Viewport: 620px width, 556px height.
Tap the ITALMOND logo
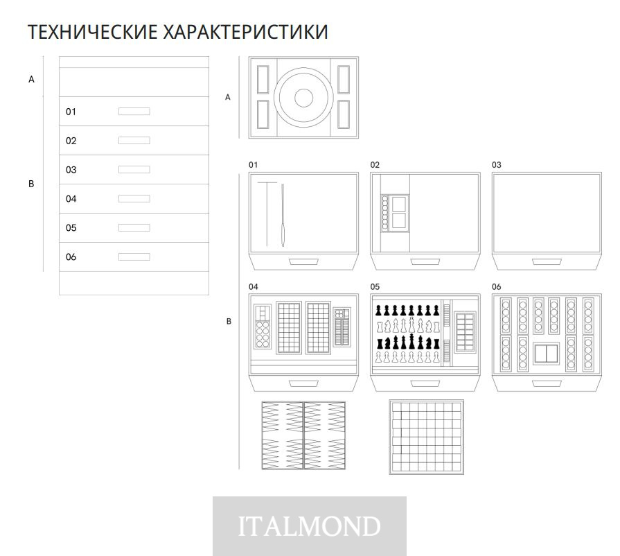point(309,526)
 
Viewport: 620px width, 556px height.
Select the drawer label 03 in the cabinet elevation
point(71,170)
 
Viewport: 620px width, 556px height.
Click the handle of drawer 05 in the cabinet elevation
point(134,227)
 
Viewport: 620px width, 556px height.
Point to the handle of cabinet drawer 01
point(134,111)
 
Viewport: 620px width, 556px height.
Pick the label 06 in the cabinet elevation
point(71,257)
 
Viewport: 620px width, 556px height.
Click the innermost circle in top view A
point(303,98)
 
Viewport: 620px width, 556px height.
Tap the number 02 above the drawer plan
point(375,165)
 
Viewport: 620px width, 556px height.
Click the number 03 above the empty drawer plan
point(497,165)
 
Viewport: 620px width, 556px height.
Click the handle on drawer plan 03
point(547,261)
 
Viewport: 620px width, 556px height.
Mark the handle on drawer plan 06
point(547,383)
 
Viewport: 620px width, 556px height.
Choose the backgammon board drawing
point(303,435)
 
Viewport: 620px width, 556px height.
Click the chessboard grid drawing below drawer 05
point(426,437)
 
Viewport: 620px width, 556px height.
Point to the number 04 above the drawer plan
point(254,287)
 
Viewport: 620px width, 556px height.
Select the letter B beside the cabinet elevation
point(31,184)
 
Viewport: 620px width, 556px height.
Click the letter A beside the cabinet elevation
point(31,80)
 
